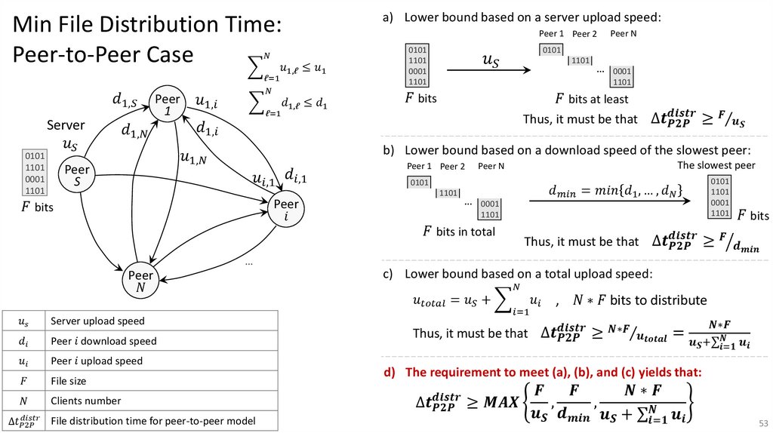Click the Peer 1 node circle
coord(168,104)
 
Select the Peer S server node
coord(77,175)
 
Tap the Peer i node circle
coord(286,209)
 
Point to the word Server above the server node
coord(66,125)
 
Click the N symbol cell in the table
coord(23,401)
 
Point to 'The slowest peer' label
coord(716,165)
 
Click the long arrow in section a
coord(490,70)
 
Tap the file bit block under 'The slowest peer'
coord(720,197)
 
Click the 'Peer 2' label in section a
coord(584,34)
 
